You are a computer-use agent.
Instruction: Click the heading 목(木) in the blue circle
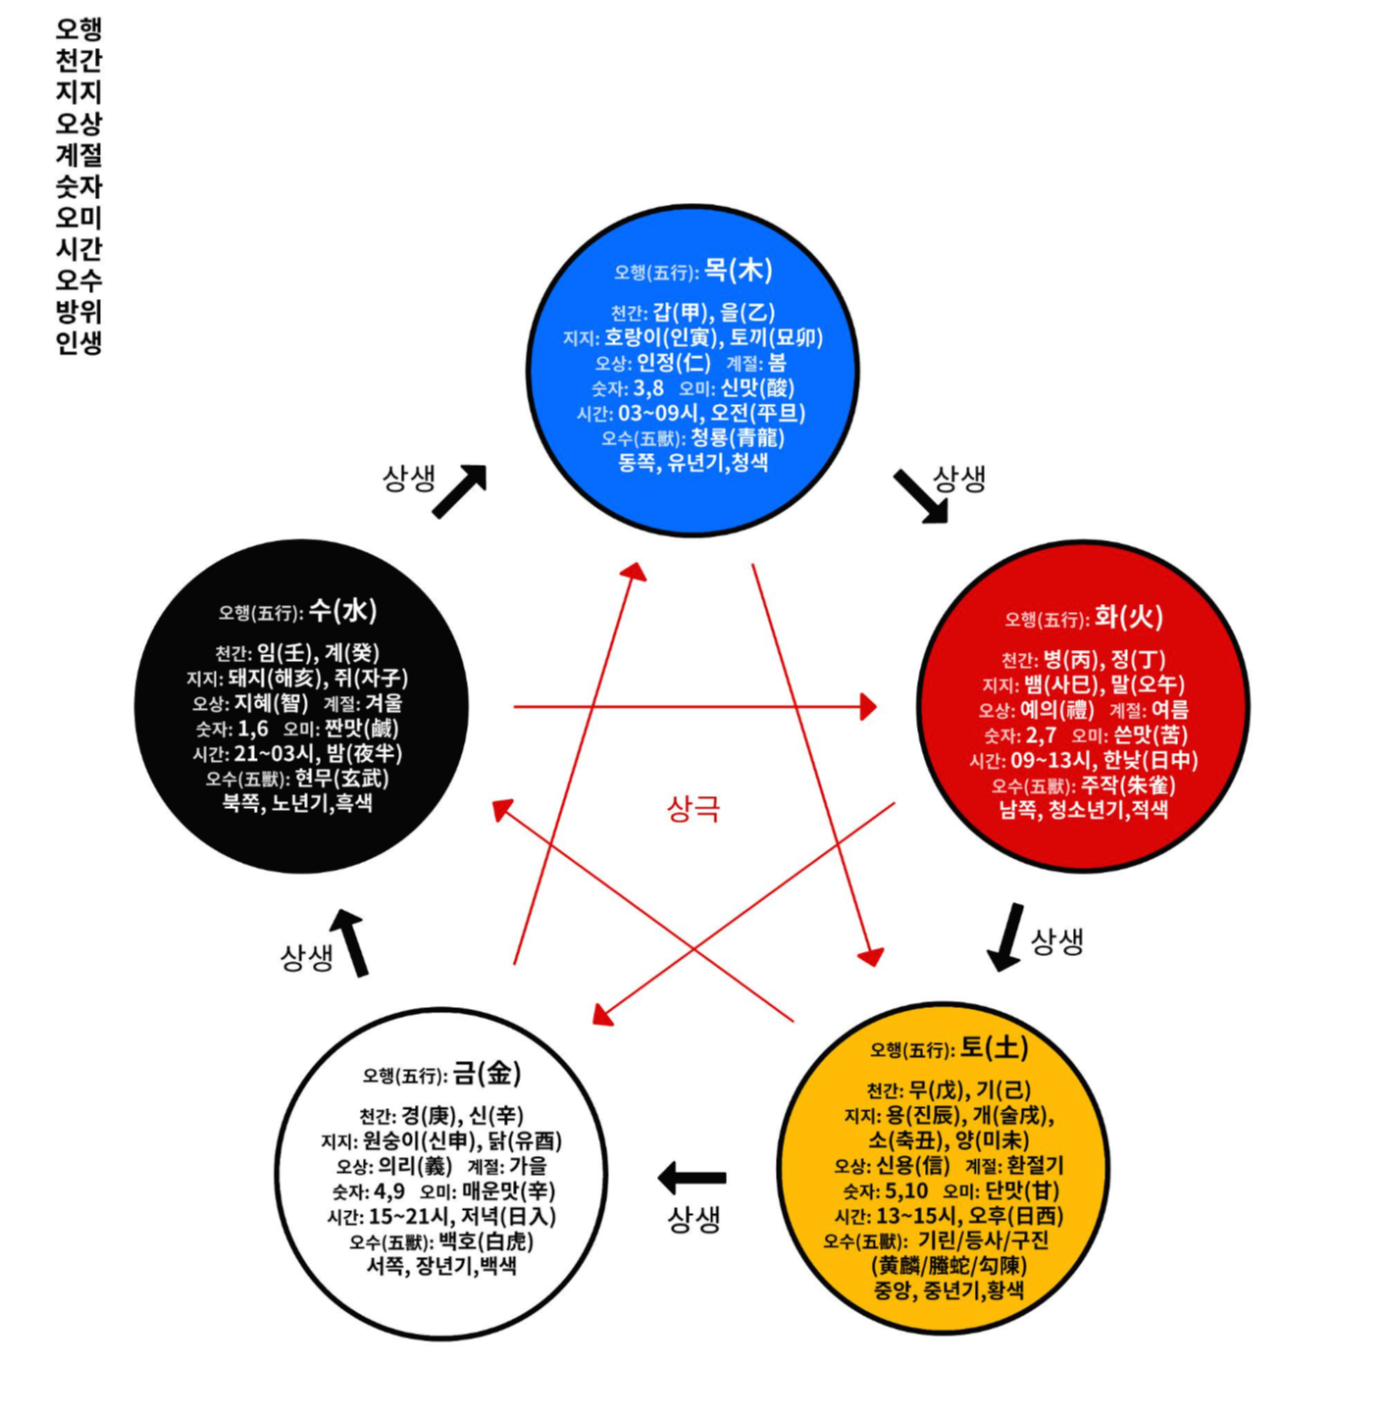click(x=738, y=271)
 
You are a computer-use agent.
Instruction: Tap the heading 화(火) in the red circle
click(x=1128, y=617)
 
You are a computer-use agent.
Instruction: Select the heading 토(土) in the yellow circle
click(x=994, y=1048)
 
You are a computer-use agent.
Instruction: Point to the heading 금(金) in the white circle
click(x=487, y=1074)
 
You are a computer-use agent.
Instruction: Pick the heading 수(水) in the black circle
click(x=342, y=611)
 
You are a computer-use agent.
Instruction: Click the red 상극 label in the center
click(x=693, y=809)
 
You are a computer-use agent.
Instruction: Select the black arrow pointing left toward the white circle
click(x=692, y=1178)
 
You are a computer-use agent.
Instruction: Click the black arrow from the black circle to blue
click(x=460, y=490)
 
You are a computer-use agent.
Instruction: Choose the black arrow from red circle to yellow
click(x=1006, y=937)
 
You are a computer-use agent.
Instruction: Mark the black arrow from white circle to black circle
click(x=351, y=941)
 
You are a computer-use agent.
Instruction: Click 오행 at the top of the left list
click(x=78, y=28)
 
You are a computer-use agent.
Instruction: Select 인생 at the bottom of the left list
click(x=78, y=343)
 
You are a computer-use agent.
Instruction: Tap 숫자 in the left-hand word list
click(x=78, y=186)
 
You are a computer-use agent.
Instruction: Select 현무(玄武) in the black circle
click(x=341, y=779)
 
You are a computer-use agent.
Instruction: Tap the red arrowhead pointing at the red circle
click(x=867, y=706)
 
